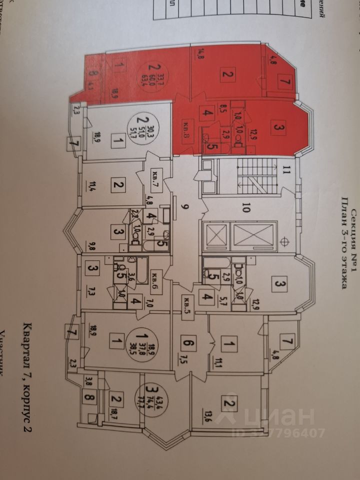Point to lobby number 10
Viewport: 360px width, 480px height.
tap(245, 208)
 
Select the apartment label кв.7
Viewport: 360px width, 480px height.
tap(155, 176)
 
